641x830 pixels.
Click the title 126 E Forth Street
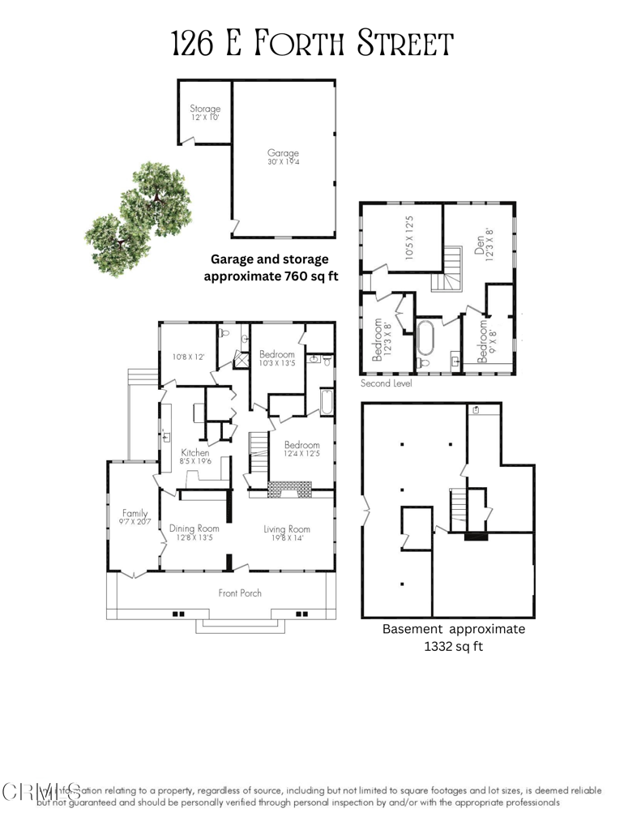312,44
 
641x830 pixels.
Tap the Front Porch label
240,593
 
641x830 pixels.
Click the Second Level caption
387,383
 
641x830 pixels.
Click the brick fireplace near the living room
288,488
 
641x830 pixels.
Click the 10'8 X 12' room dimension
187,355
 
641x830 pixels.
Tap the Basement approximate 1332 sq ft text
453,637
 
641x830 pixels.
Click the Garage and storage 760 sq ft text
269,267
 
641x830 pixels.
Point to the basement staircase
459,507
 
